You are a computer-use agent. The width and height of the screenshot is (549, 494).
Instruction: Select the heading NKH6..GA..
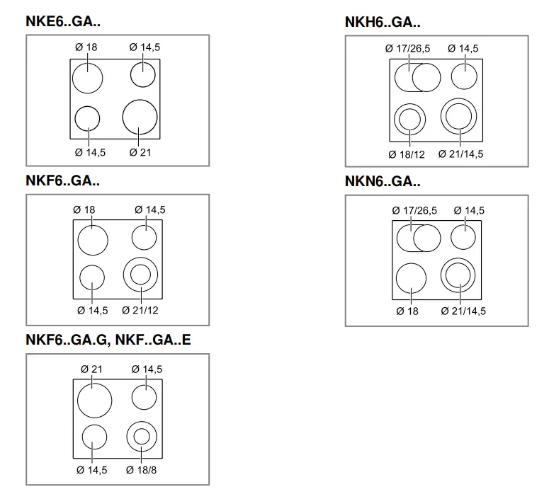pos(383,23)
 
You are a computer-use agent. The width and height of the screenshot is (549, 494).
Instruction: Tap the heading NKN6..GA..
pos(383,181)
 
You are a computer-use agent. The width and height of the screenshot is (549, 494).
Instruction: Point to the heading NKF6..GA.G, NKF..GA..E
pos(108,340)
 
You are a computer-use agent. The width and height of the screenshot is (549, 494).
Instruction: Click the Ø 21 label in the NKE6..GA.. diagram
pos(141,152)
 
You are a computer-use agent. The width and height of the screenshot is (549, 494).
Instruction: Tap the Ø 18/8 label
pos(142,470)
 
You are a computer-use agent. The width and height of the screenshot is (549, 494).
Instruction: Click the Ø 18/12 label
pos(406,154)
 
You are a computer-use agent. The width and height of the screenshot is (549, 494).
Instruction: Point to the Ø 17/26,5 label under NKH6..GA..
pos(407,49)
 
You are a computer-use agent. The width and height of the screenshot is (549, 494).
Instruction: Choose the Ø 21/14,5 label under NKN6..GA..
pos(463,311)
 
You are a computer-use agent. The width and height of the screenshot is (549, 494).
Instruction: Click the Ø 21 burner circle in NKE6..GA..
pos(140,117)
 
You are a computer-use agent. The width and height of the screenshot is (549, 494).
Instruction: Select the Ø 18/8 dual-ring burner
pos(140,436)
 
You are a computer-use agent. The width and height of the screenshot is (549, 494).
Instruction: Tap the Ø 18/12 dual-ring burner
pos(409,120)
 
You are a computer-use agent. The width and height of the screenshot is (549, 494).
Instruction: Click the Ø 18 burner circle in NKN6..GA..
pos(411,277)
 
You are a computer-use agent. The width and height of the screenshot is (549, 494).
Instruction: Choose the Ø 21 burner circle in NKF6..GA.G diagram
pos(95,399)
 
